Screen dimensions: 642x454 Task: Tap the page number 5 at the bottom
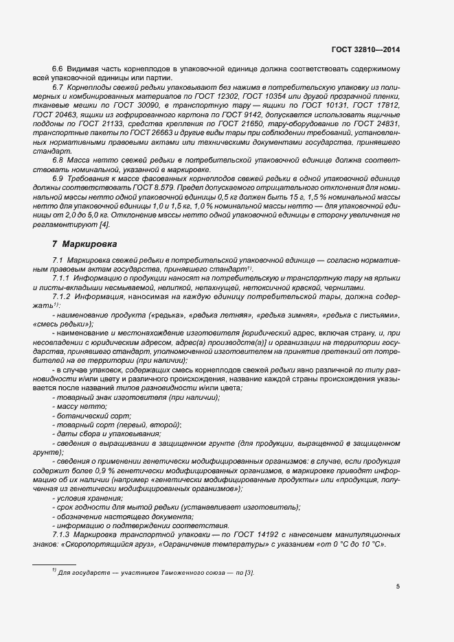(398, 586)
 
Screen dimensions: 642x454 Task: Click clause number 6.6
(58, 70)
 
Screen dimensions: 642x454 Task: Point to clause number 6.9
(58, 178)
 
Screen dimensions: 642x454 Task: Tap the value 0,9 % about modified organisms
(103, 473)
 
